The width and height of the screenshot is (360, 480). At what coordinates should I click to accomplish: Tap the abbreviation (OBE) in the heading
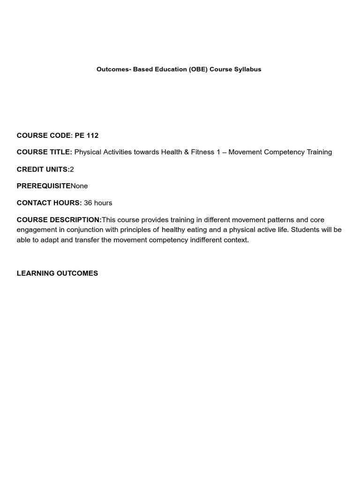198,69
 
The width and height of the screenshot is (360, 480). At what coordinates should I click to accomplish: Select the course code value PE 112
87,135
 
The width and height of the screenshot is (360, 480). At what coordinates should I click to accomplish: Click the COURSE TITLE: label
45,152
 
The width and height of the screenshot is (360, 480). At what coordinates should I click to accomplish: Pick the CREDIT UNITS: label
43,169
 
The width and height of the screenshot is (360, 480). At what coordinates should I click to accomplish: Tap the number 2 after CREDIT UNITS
72,169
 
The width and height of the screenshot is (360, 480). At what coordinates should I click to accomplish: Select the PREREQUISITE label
44,186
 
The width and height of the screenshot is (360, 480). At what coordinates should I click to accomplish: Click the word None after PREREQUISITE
79,186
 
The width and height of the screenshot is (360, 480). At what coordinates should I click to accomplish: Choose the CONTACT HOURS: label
49,203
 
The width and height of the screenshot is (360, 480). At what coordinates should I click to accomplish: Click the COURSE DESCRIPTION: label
59,220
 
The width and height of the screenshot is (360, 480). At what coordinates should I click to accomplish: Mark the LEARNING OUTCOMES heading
57,273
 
